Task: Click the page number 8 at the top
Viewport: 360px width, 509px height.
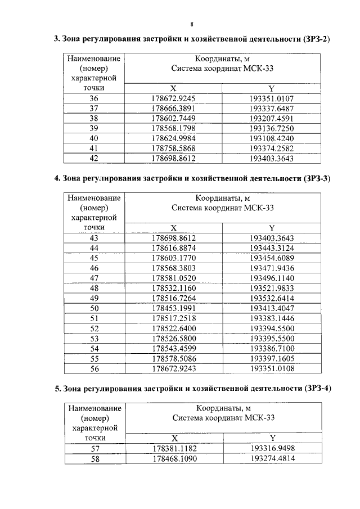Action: [x=192, y=24]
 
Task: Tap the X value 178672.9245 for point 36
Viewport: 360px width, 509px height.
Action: [x=173, y=98]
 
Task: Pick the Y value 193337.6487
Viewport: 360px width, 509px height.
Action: [x=272, y=108]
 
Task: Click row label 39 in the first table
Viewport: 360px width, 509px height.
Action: [x=93, y=128]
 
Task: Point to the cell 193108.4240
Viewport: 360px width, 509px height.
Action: [x=272, y=138]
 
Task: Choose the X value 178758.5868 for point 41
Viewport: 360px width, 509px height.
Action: [x=173, y=148]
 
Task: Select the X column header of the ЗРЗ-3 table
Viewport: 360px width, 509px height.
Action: [x=173, y=228]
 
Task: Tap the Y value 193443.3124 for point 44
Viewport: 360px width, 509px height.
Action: [x=272, y=248]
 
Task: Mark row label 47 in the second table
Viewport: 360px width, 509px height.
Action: [x=93, y=278]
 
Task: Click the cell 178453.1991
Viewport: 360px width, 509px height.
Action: [x=173, y=308]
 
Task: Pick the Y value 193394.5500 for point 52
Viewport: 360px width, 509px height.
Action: [x=272, y=328]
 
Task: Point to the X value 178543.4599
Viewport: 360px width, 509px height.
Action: [x=173, y=349]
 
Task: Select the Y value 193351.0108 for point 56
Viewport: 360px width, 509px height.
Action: [x=272, y=369]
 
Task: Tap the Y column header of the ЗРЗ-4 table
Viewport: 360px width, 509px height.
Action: [x=272, y=438]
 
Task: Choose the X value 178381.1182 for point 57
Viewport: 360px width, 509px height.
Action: [x=173, y=448]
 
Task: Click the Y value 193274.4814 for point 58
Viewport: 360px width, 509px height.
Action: [x=272, y=458]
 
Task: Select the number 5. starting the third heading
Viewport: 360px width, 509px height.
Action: [x=57, y=389]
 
